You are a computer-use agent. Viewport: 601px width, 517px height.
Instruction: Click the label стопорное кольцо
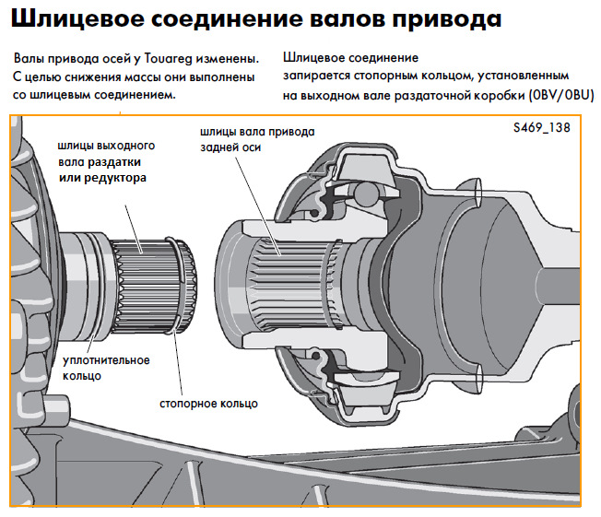click(x=208, y=403)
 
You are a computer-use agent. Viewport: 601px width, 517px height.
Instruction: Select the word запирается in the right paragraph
click(x=318, y=76)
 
